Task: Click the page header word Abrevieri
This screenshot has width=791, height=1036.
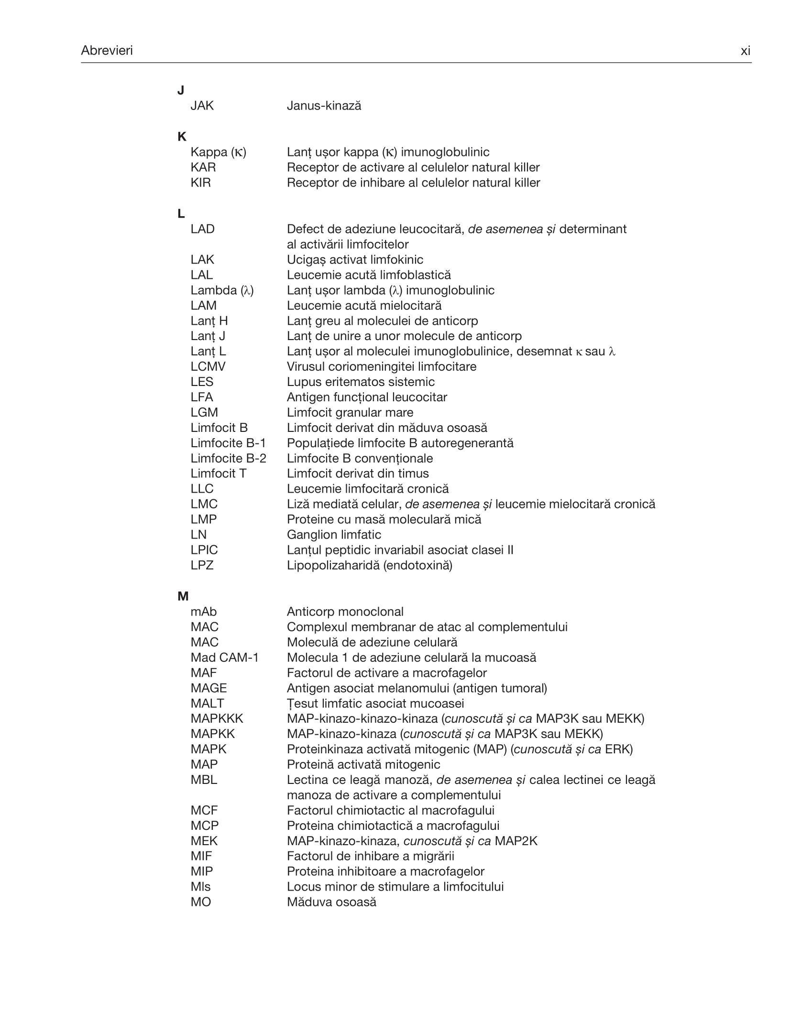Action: (x=107, y=50)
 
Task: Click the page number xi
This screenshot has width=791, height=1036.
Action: (x=745, y=51)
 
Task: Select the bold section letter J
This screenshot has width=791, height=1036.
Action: (x=181, y=90)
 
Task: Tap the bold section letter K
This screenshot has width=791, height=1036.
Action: (x=182, y=136)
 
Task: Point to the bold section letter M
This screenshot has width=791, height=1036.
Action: (x=183, y=596)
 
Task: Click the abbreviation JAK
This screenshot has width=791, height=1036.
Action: (x=202, y=106)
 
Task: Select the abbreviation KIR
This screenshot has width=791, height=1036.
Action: (x=200, y=182)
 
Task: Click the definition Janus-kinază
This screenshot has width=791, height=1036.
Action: (x=324, y=106)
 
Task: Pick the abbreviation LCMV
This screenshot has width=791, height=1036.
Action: (x=208, y=366)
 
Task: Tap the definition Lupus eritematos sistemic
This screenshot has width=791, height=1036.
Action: (x=361, y=382)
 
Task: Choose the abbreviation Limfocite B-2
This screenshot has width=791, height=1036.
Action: (x=228, y=458)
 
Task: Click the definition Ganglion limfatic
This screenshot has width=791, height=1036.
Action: (x=334, y=534)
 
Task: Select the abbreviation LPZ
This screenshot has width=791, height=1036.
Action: (x=202, y=565)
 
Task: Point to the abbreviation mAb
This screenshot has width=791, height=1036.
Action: (x=203, y=611)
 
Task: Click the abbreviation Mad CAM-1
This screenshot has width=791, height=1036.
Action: (x=224, y=657)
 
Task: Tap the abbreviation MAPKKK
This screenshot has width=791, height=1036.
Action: (x=217, y=718)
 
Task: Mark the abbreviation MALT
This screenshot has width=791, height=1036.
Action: (x=207, y=703)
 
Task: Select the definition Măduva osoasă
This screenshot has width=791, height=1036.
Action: (x=331, y=902)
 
